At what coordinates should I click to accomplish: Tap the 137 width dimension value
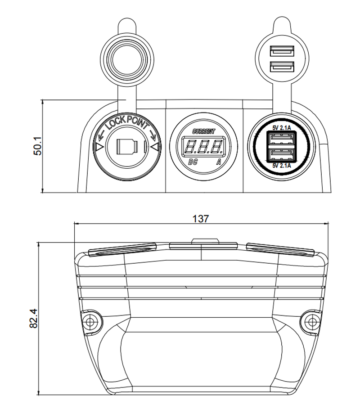click(x=200, y=219)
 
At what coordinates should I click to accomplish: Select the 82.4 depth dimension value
click(x=34, y=319)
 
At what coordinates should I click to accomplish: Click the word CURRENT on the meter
click(x=204, y=131)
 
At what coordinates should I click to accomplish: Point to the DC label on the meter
click(x=193, y=162)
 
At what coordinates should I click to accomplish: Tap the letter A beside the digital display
click(x=219, y=162)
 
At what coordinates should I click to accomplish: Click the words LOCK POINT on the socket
click(x=127, y=123)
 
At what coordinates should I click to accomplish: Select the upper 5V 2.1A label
click(x=282, y=128)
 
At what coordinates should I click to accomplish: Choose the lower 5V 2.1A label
click(x=282, y=166)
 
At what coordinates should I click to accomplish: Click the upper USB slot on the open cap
click(x=282, y=51)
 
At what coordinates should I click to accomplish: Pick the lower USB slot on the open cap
click(x=282, y=67)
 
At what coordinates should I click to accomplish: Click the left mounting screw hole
click(x=90, y=322)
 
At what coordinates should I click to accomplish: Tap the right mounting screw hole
click(x=312, y=322)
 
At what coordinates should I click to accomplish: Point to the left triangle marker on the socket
click(x=99, y=148)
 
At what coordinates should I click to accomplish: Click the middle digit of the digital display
click(x=203, y=147)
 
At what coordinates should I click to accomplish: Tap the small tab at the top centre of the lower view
click(x=205, y=240)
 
